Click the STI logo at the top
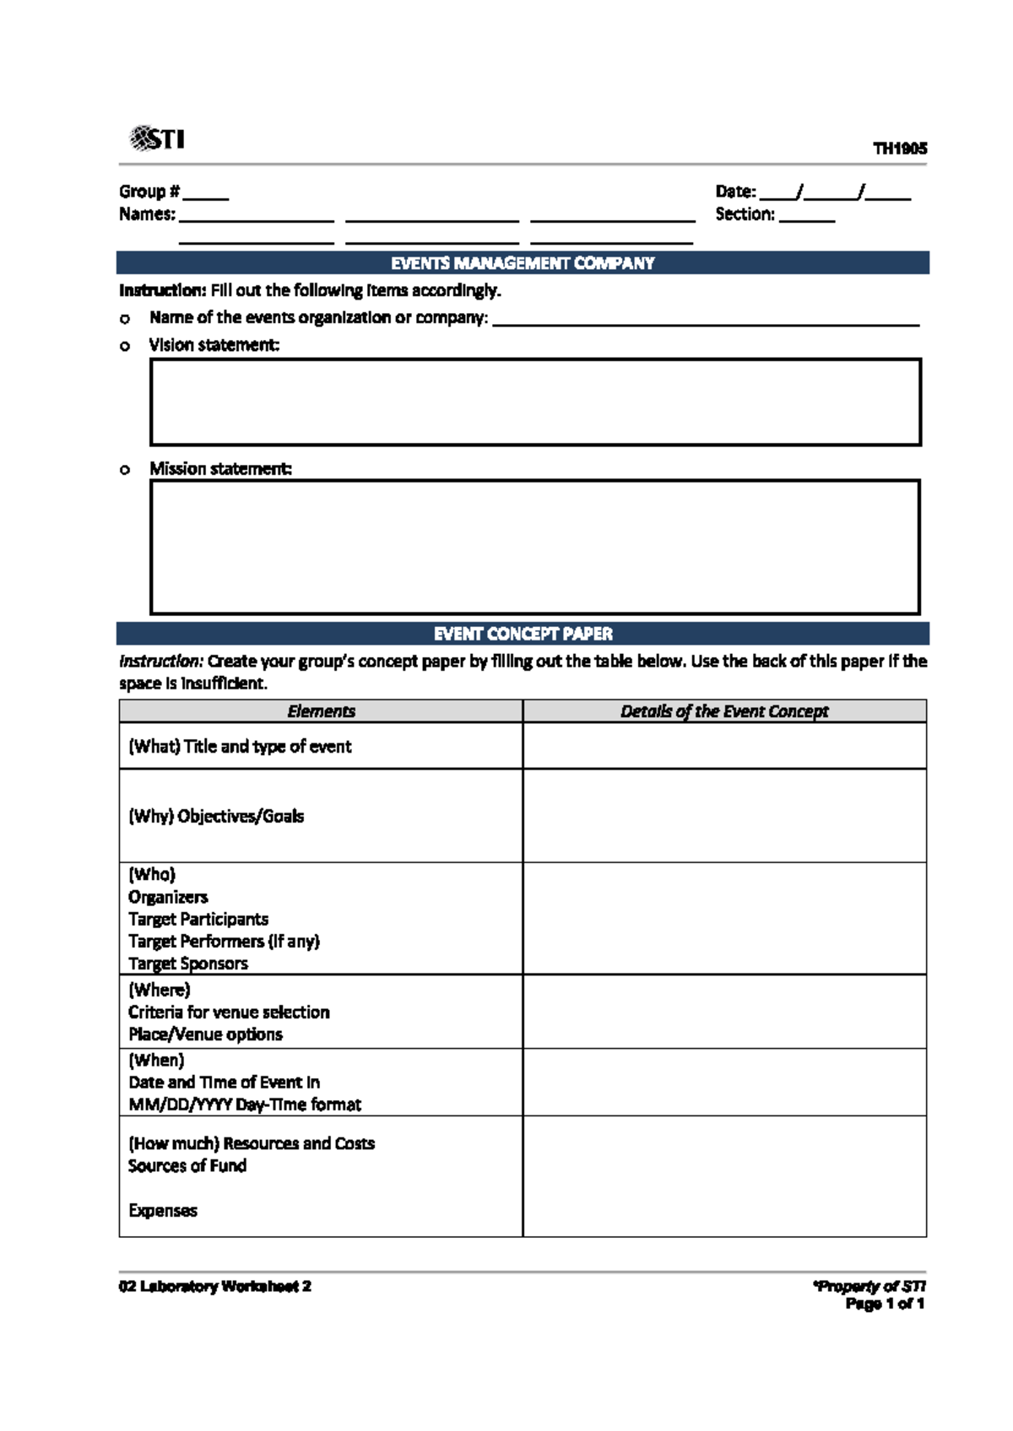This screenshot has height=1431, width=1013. click(x=157, y=138)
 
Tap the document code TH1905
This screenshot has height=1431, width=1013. click(x=900, y=148)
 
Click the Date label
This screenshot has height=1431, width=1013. click(x=735, y=192)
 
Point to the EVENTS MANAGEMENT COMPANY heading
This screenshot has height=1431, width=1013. click(x=523, y=263)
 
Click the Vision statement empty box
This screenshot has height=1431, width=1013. click(x=535, y=402)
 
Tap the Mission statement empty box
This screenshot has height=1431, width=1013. click(x=535, y=547)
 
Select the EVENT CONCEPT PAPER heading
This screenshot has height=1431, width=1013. click(x=523, y=634)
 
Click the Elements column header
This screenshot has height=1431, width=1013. click(x=321, y=711)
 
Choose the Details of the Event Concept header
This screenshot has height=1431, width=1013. click(x=724, y=711)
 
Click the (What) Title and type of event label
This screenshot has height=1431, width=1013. click(x=240, y=746)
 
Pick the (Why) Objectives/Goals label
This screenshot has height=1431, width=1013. click(x=216, y=816)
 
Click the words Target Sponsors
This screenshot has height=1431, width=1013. click(x=188, y=964)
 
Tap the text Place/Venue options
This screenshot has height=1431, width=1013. click(x=205, y=1034)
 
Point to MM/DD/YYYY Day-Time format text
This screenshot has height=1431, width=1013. click(x=245, y=1104)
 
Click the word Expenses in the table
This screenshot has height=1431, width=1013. click(x=163, y=1211)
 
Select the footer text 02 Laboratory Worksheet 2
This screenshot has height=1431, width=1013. click(x=215, y=1287)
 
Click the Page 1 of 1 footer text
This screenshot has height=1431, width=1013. click(x=885, y=1304)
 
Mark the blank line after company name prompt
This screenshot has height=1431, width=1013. click(x=706, y=323)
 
